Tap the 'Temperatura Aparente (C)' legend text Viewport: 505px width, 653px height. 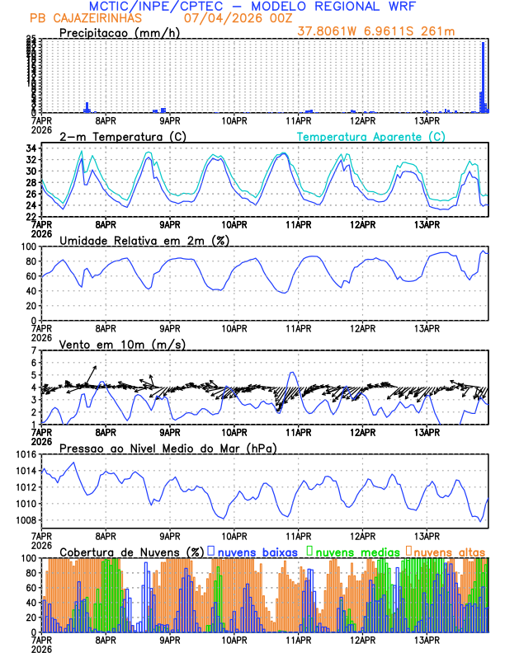[371, 136]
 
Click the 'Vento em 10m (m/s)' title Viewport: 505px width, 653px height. [122, 344]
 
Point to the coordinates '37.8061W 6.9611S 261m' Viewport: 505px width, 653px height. [390, 31]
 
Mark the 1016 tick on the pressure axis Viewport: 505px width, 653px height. [24, 454]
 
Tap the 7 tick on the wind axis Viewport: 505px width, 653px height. [33, 350]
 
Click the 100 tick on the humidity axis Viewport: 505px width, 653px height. [27, 247]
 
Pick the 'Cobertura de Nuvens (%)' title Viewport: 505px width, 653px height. [132, 551]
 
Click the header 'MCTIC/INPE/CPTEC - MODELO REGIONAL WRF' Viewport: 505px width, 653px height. [252, 6]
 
